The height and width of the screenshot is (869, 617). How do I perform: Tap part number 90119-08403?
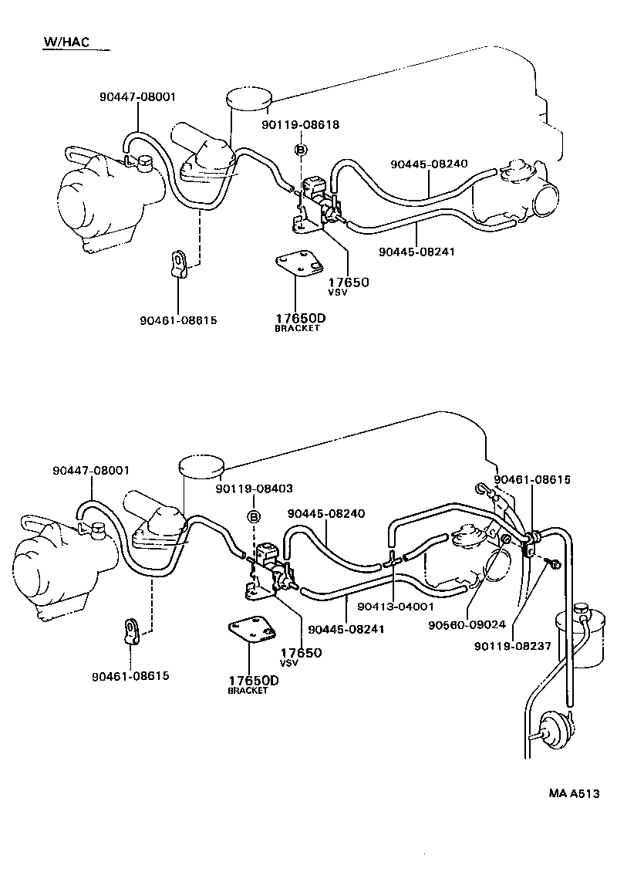pyautogui.click(x=254, y=489)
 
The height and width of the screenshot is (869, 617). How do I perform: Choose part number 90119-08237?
pyautogui.click(x=513, y=646)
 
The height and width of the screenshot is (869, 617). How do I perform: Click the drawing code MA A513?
pyautogui.click(x=574, y=793)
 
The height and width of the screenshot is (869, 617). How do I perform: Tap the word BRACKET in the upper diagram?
pyautogui.click(x=297, y=328)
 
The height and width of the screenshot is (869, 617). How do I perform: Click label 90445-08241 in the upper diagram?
pyautogui.click(x=417, y=252)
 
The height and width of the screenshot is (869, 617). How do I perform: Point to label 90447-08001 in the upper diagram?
pyautogui.click(x=137, y=97)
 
